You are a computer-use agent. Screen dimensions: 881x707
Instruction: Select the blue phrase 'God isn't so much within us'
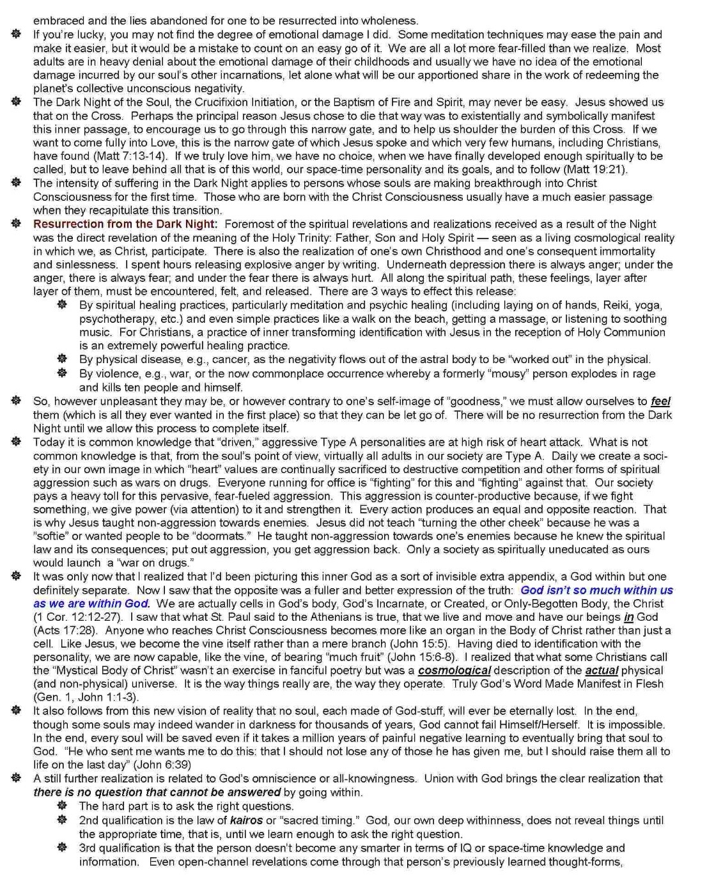click(x=596, y=590)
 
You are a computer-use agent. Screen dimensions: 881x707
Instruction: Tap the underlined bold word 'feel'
click(x=660, y=402)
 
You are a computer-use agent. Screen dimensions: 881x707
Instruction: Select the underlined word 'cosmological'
click(x=454, y=671)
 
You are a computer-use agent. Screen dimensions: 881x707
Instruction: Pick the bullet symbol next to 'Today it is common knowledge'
click(x=17, y=442)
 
